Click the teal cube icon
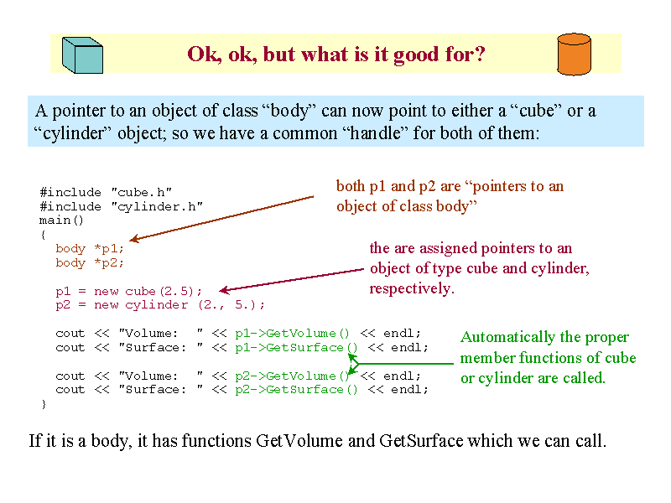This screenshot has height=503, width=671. (82, 54)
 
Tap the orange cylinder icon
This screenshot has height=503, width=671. (575, 54)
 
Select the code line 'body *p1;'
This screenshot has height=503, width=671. (90, 248)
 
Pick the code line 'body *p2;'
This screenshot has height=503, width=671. (90, 262)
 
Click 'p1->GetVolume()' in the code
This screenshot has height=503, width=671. (292, 333)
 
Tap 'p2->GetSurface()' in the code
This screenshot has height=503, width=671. (296, 390)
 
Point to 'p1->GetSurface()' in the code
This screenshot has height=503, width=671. (296, 348)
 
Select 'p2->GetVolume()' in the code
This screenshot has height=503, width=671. (292, 376)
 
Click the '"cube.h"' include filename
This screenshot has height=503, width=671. (142, 193)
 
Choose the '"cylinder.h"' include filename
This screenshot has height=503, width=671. (157, 206)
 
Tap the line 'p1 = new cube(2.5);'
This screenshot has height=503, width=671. (128, 291)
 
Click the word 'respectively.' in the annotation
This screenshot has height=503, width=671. (412, 288)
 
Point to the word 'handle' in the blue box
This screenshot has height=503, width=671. (376, 133)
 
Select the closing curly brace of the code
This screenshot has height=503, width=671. (44, 404)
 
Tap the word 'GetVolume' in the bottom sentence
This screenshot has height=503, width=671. (299, 441)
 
